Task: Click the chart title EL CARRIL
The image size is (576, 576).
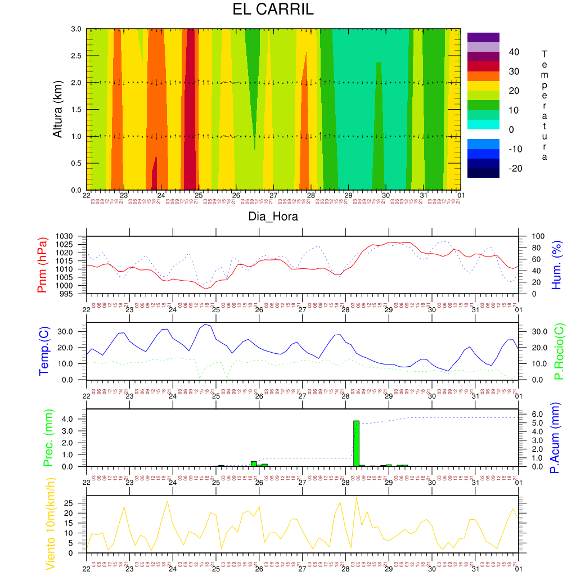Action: (x=273, y=10)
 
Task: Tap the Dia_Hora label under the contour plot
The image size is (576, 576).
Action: (x=273, y=216)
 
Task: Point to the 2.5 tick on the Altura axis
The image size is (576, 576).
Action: (x=76, y=56)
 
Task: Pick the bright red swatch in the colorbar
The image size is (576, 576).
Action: (x=483, y=66)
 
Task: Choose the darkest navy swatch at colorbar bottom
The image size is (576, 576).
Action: (x=483, y=173)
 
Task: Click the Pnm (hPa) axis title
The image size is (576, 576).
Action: (x=42, y=265)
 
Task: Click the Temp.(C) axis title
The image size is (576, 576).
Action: (x=43, y=351)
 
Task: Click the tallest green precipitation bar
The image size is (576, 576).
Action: (x=356, y=443)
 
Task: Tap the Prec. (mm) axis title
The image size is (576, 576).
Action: (x=48, y=438)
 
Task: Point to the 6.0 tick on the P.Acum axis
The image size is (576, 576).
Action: (x=531, y=414)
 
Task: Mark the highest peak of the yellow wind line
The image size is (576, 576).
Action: (x=356, y=497)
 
